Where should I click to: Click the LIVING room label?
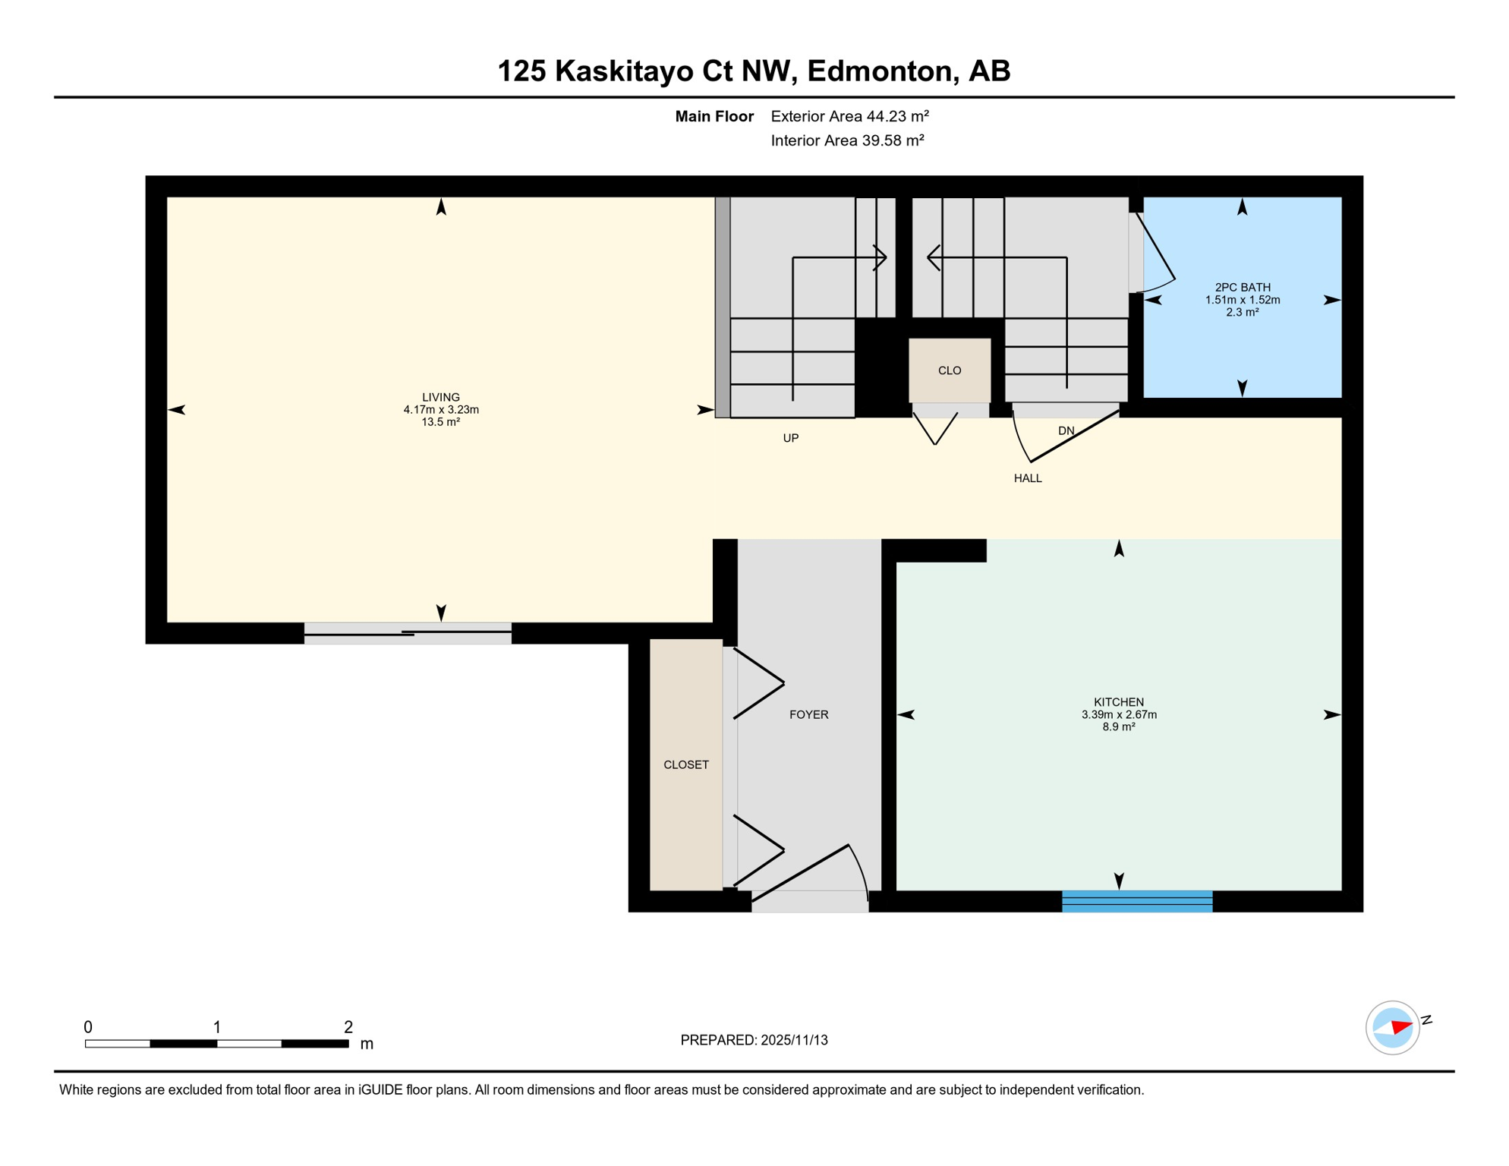click(440, 397)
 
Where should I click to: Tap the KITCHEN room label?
click(1118, 702)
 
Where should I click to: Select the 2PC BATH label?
click(1242, 287)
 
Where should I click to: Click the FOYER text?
click(808, 714)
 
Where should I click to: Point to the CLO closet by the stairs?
click(949, 370)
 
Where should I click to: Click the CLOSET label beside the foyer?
click(685, 764)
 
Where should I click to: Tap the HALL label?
click(1027, 478)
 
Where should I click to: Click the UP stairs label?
click(790, 438)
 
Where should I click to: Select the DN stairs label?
click(1066, 430)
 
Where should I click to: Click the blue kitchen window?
click(1136, 901)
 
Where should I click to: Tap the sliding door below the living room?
click(408, 633)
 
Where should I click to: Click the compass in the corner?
click(1392, 1028)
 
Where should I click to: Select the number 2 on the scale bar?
click(348, 1027)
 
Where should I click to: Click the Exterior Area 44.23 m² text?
click(849, 116)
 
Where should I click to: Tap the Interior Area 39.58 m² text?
click(847, 140)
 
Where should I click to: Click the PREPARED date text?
click(754, 1040)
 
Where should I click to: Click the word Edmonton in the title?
click(879, 71)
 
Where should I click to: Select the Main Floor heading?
click(714, 116)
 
